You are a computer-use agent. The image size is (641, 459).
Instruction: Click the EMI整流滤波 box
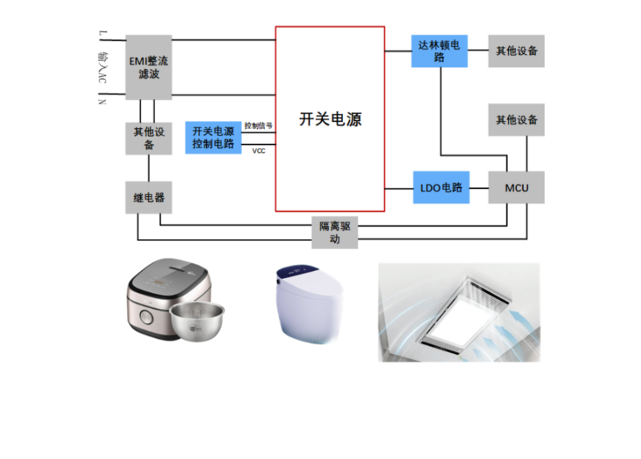click(x=149, y=67)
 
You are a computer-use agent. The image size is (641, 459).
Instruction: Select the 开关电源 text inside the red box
click(x=330, y=119)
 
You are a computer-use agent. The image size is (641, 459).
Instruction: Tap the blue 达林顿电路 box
click(x=439, y=51)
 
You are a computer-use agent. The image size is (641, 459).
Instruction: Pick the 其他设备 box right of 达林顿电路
click(x=516, y=51)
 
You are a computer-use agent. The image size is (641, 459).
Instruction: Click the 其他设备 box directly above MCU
click(x=516, y=119)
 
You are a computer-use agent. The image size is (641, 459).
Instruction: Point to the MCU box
click(x=516, y=188)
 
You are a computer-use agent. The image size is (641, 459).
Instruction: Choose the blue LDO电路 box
click(x=441, y=188)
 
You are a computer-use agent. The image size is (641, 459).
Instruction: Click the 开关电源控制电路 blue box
click(x=213, y=137)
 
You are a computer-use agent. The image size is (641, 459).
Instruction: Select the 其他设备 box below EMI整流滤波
click(x=149, y=138)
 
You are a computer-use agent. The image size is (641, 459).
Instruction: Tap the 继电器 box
click(x=149, y=197)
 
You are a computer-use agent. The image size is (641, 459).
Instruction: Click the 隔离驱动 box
click(x=334, y=232)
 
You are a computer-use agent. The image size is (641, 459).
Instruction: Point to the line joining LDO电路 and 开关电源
click(x=398, y=188)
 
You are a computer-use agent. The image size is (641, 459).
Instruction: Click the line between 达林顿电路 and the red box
click(x=398, y=51)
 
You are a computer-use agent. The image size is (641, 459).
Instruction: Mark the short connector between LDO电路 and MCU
click(x=478, y=188)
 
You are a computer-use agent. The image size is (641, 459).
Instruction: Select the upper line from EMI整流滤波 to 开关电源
click(x=223, y=39)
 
